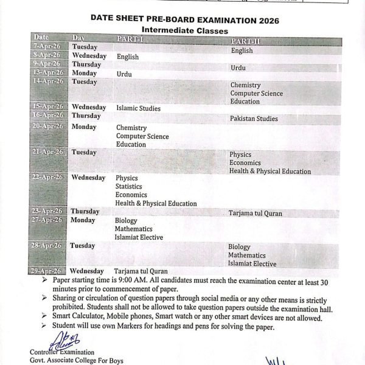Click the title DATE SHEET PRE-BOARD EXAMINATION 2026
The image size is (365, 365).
(x=185, y=19)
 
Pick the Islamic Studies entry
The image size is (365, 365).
(x=138, y=108)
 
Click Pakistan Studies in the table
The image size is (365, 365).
(x=254, y=119)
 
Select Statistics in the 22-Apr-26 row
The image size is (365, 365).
(x=128, y=186)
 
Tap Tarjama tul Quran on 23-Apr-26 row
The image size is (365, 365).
(x=255, y=214)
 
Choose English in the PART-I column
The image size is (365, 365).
(x=128, y=57)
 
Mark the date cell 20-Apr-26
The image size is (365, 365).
(x=48, y=126)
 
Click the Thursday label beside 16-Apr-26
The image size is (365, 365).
(x=86, y=116)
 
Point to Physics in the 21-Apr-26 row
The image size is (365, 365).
(x=240, y=155)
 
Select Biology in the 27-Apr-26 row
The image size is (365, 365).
(x=126, y=220)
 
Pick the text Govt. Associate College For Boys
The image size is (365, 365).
(x=76, y=361)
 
